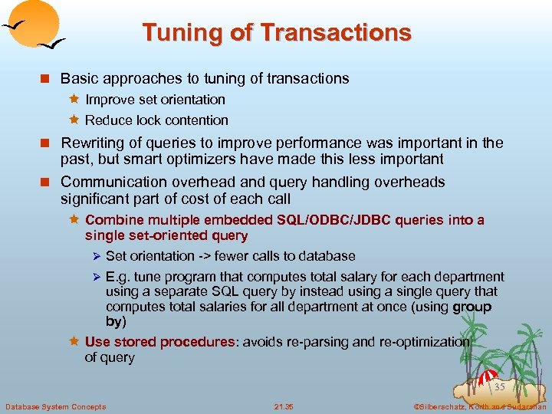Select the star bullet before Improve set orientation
[x=75, y=99]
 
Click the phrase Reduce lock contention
[x=156, y=120]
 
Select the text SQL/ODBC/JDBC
[x=334, y=220]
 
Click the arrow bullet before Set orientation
[x=97, y=256]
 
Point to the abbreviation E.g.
[x=118, y=277]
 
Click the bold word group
[x=472, y=307]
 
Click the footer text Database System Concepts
[x=56, y=406]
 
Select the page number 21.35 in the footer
[x=284, y=406]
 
